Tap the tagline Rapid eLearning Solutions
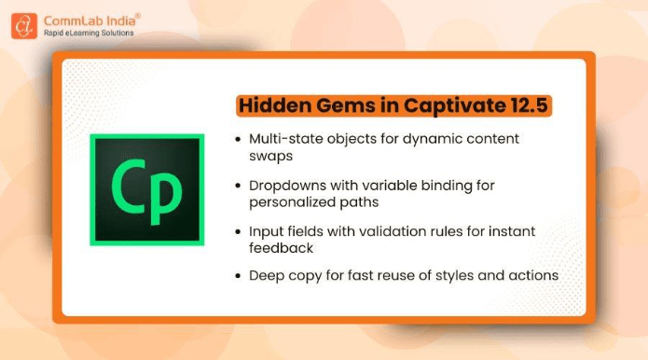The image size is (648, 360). pos(90,33)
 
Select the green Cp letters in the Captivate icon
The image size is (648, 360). pos(146,189)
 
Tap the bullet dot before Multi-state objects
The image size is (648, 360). pos(237,139)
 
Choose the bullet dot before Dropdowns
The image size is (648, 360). pos(237,186)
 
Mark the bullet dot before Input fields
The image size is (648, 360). pos(237,231)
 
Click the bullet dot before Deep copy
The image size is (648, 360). pos(237,275)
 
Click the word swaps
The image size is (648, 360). pos(270,156)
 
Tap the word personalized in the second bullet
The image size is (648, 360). pos(295,201)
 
